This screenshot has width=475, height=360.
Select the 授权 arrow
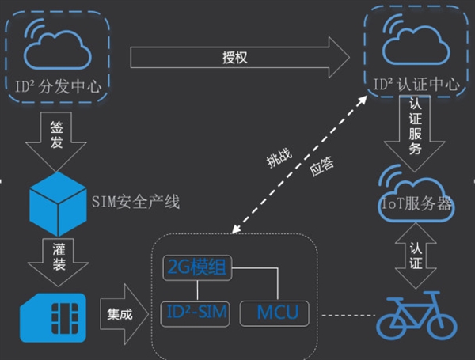[x=237, y=57]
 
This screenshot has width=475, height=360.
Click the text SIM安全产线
[x=135, y=202]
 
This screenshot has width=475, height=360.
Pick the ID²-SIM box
[x=196, y=313]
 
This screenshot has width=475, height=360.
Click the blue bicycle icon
[x=415, y=315]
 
